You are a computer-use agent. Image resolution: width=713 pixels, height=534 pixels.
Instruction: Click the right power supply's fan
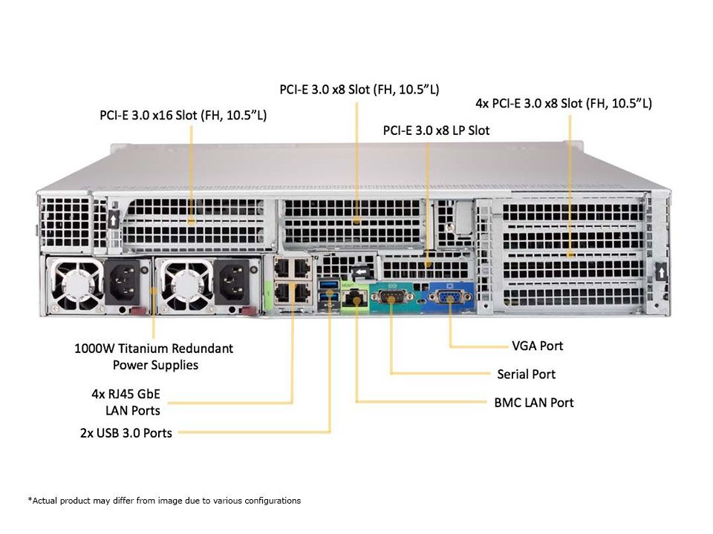(178, 284)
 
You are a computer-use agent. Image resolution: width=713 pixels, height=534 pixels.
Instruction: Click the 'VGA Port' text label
(537, 346)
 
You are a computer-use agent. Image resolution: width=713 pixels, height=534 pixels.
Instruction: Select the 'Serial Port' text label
(526, 374)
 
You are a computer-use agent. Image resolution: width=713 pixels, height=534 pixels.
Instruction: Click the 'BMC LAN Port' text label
(533, 403)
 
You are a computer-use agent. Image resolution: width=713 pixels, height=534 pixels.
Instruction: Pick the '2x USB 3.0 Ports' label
(126, 432)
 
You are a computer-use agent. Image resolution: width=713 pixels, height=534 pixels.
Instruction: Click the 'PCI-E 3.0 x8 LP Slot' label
(436, 130)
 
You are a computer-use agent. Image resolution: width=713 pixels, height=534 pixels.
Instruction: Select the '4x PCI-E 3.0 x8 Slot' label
(563, 103)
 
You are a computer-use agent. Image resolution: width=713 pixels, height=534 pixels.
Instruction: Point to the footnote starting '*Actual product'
(164, 501)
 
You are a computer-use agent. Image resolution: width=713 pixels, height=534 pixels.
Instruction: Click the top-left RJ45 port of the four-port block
(283, 268)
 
